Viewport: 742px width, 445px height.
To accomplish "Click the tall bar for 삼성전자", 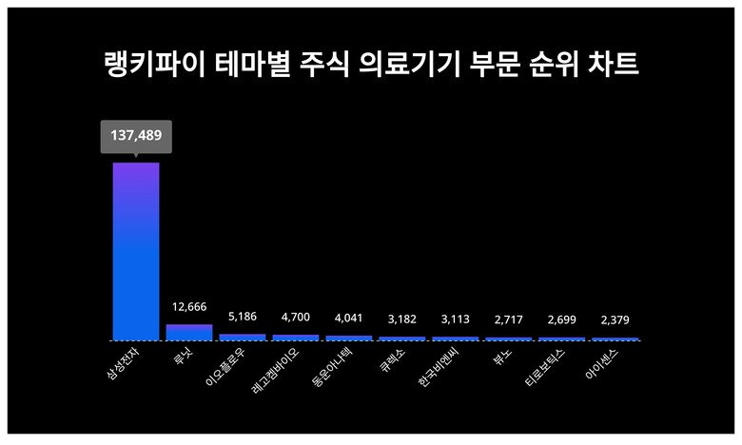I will tap(136, 251).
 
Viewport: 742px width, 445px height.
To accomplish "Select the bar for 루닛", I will tap(189, 332).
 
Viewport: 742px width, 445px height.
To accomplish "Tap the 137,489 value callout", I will tap(136, 136).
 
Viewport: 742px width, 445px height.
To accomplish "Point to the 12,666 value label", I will tap(189, 307).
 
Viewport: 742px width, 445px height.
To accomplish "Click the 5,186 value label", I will tap(243, 317).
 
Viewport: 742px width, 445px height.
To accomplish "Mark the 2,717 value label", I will tap(509, 319).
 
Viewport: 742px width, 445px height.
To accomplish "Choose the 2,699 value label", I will tap(562, 319).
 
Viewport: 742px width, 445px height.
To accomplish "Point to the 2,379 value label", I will tap(615, 320).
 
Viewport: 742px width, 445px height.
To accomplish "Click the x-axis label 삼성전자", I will tap(125, 362).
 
